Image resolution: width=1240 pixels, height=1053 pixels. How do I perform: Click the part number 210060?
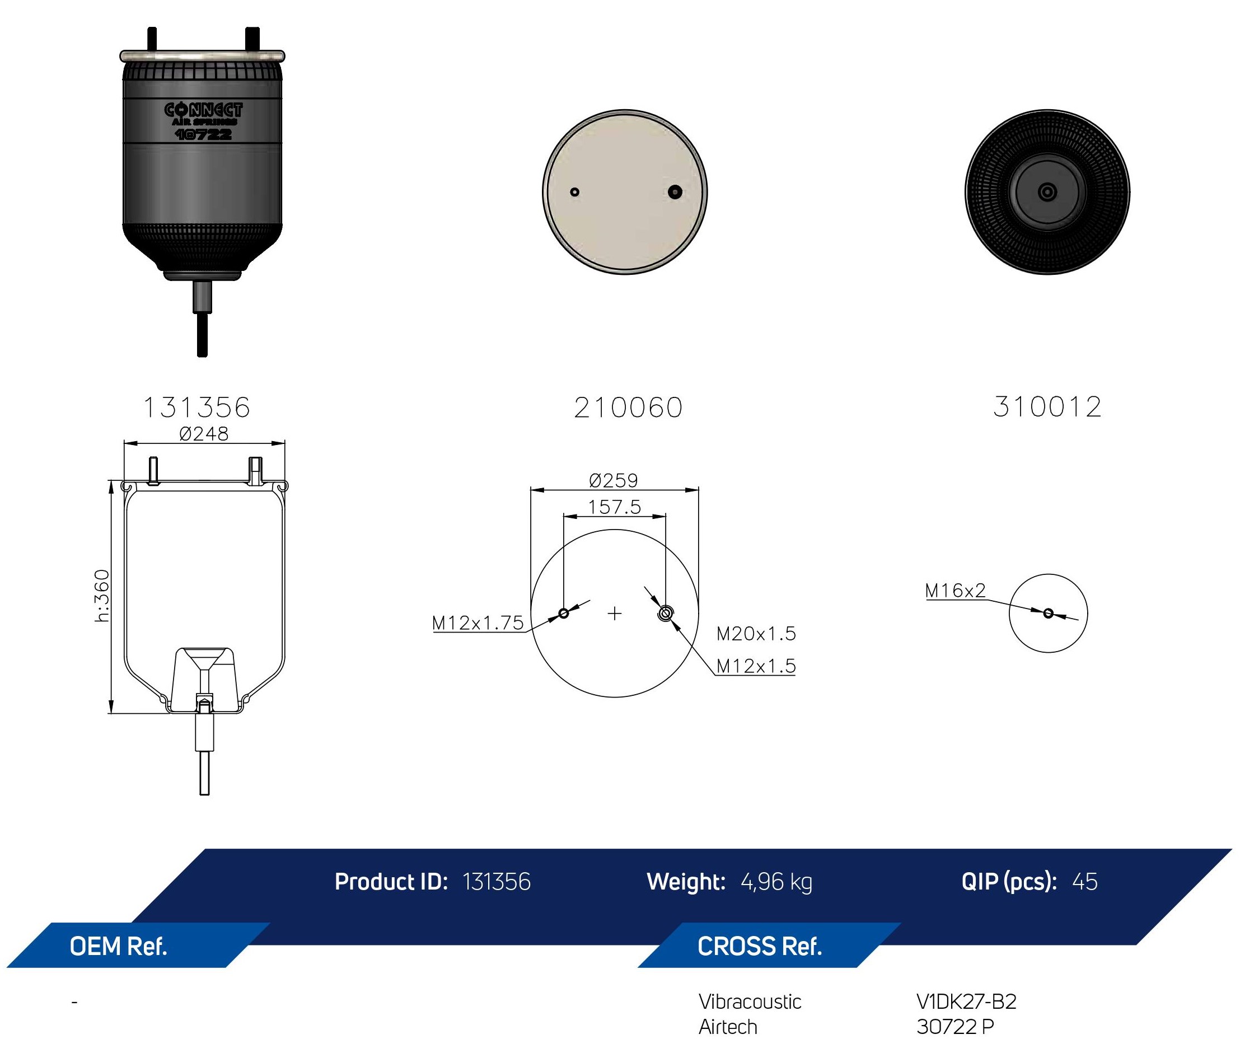point(628,408)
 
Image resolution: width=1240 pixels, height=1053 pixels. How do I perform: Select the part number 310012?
point(1047,407)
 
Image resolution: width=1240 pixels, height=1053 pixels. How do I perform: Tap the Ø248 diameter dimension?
point(204,433)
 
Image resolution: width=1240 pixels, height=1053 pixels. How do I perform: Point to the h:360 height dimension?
point(102,596)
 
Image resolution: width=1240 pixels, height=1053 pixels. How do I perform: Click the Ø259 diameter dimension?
point(613,480)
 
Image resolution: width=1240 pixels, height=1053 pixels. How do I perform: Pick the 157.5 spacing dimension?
point(614,507)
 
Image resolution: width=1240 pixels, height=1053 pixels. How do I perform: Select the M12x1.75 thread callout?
point(478,623)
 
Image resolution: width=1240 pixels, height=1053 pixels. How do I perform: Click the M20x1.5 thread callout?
point(756,633)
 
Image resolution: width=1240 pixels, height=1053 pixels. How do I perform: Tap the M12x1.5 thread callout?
point(756,666)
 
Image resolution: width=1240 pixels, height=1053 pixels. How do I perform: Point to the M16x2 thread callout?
point(955,591)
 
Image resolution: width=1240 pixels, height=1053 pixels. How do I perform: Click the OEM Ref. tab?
point(118,946)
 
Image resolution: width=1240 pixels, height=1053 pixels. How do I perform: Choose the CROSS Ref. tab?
point(760,946)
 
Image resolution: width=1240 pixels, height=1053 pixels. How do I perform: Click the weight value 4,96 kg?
point(776,882)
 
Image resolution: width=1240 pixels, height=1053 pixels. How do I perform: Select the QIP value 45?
point(1085,882)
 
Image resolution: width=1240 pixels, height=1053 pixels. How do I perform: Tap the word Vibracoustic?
point(750,1001)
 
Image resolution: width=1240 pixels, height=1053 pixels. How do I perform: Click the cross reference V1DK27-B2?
point(967,1001)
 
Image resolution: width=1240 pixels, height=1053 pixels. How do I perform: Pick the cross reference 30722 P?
point(955,1027)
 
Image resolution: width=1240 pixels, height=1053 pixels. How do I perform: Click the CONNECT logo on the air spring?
point(204,110)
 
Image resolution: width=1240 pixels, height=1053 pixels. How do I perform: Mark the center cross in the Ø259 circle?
point(614,613)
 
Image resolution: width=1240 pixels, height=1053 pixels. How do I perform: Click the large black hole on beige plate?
point(675,191)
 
